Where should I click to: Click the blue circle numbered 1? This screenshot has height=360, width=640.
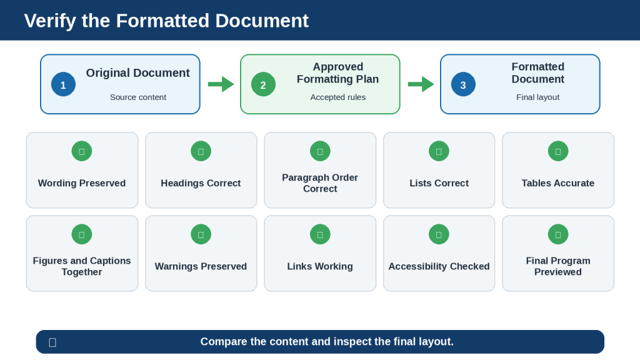tap(63, 84)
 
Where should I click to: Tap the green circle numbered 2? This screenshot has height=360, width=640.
tap(263, 84)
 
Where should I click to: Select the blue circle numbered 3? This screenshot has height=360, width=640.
tap(463, 84)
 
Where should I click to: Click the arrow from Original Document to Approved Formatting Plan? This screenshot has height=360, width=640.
tap(221, 84)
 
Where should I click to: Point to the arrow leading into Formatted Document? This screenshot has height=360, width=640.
tap(421, 84)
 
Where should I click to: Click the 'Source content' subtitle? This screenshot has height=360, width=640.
tap(138, 97)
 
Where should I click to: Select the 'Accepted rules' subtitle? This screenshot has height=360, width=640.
tap(338, 97)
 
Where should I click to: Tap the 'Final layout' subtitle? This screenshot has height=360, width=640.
tap(538, 97)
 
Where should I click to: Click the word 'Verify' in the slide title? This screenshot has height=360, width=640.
tap(50, 21)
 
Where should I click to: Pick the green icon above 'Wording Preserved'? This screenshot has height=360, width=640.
tap(82, 151)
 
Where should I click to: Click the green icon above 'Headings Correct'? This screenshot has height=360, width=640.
tap(201, 151)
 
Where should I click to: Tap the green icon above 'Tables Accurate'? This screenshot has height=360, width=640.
tap(558, 151)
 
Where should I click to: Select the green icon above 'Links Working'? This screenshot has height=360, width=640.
tap(320, 234)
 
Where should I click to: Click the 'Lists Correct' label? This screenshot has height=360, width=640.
tap(439, 183)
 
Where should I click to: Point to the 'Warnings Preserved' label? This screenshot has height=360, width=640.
tap(201, 266)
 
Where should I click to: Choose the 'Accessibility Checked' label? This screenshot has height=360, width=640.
tap(439, 266)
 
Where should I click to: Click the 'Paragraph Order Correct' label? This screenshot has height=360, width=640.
tap(320, 183)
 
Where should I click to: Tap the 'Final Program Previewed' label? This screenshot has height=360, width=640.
tap(558, 266)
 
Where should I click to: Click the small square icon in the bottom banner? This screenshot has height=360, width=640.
tap(52, 342)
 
